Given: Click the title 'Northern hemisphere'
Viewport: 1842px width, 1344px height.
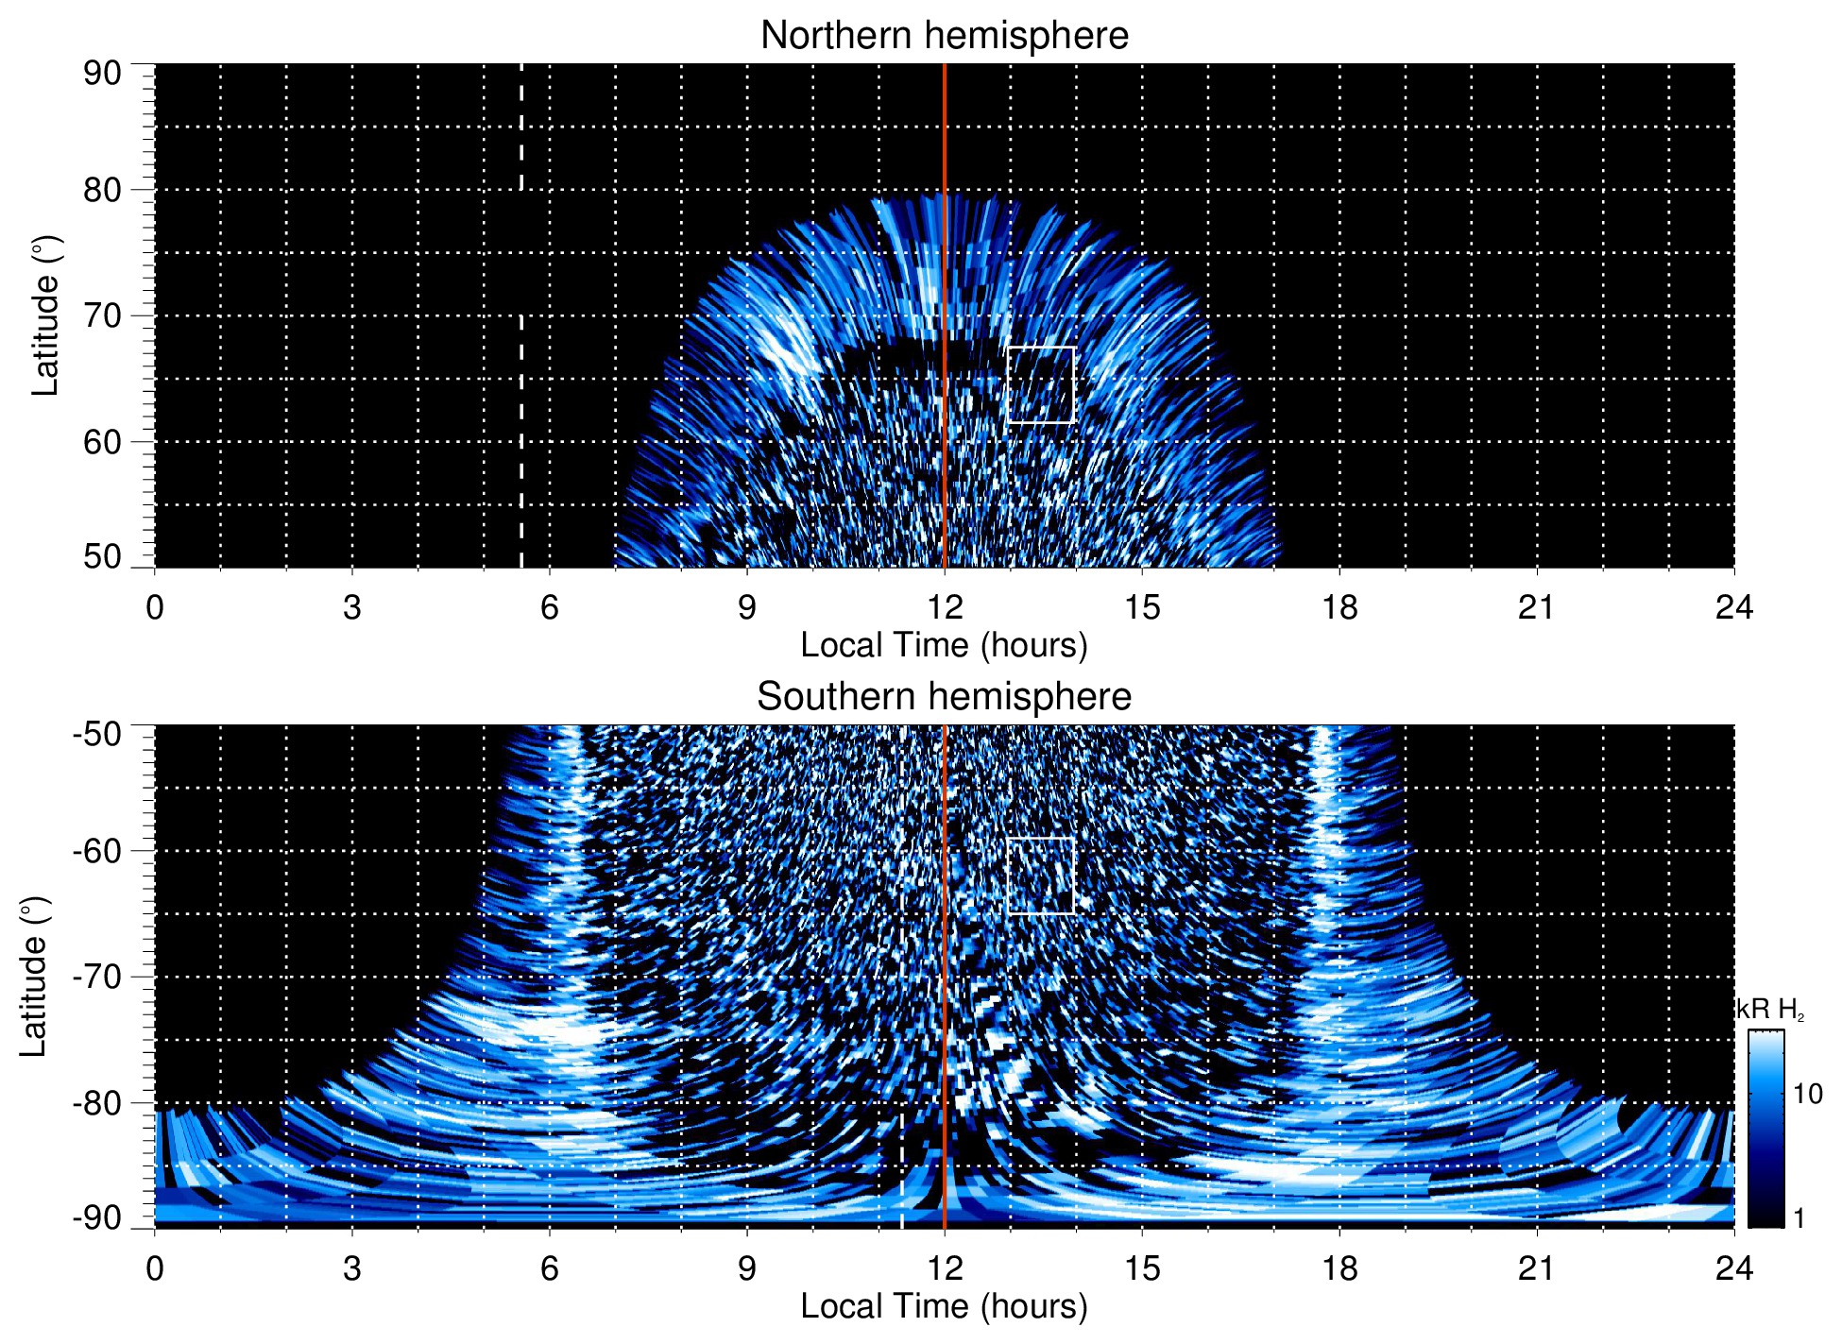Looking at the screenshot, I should coord(944,36).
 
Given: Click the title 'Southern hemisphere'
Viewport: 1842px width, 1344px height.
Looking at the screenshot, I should coord(944,697).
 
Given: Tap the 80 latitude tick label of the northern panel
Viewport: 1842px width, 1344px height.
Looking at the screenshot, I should coord(102,190).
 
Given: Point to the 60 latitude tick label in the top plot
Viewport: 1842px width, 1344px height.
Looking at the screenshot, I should coord(102,442).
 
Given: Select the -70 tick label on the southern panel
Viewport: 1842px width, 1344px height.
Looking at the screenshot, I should coord(97,977).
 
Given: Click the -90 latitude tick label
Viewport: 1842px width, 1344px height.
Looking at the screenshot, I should coord(97,1218).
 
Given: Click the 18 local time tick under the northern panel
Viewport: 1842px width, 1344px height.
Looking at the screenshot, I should coord(1339,607).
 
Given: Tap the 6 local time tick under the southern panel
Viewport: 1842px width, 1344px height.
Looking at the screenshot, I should coord(550,1268).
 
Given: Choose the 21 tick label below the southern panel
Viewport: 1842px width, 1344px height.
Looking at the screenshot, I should coord(1537,1268).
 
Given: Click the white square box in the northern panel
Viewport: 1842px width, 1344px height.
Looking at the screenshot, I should coord(1041,384).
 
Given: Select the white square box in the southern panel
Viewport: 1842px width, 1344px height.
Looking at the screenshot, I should coord(1041,876).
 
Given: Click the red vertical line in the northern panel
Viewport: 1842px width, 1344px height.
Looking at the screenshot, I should coord(945,283).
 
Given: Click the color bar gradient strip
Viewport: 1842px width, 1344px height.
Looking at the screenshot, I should coord(1765,1129).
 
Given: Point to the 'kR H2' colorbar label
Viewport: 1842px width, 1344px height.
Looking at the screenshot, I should coord(1770,1010).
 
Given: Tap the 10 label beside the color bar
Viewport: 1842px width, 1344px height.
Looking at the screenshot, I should coord(1807,1095).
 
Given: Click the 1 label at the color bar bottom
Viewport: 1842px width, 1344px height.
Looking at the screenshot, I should coord(1799,1218).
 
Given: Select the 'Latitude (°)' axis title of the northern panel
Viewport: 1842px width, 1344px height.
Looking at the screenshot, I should coord(44,315).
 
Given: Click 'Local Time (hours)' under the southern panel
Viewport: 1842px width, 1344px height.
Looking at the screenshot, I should coord(944,1306).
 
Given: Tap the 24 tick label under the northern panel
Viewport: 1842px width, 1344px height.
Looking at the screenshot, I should coord(1733,607).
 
